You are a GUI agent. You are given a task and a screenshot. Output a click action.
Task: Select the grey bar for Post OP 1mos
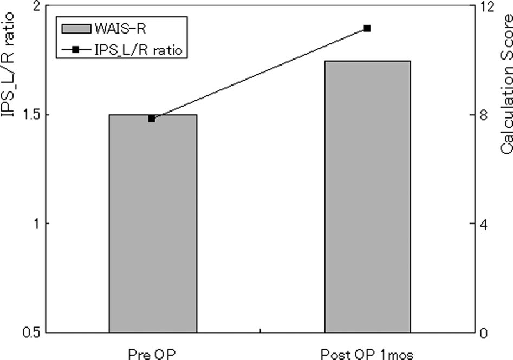click(x=367, y=198)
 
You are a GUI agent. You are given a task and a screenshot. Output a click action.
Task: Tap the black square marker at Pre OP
click(x=152, y=119)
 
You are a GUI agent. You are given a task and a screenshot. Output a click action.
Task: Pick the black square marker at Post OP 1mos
click(x=367, y=28)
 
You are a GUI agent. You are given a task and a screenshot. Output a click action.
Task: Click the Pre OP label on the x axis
click(x=152, y=354)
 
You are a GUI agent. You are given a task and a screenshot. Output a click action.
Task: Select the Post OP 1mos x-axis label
click(x=367, y=354)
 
